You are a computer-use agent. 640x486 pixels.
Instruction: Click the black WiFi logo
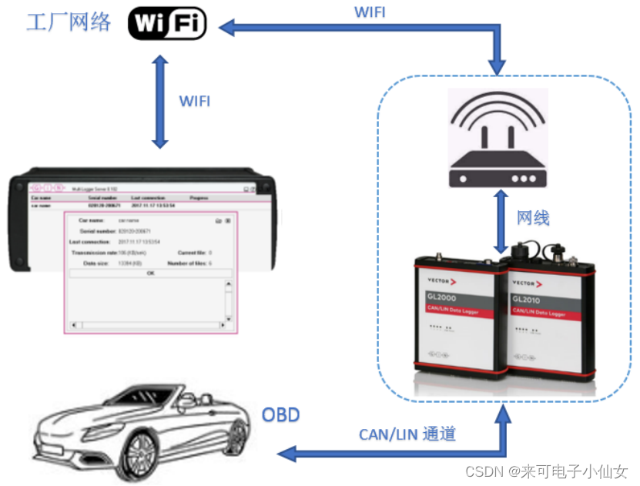pos(167,23)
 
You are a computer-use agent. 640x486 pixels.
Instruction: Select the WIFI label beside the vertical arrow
pos(194,101)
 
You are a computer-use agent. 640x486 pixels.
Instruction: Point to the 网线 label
pos(533,218)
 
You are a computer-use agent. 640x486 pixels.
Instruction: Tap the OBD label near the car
pos(281,416)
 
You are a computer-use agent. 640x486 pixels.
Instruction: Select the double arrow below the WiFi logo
pos(159,100)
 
